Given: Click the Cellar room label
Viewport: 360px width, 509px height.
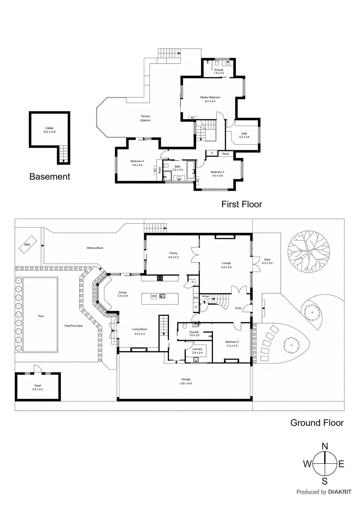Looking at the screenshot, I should pyautogui.click(x=49, y=128).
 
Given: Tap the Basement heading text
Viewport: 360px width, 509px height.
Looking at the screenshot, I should pyautogui.click(x=50, y=177).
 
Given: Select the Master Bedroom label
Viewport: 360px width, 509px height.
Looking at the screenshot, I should pyautogui.click(x=210, y=97).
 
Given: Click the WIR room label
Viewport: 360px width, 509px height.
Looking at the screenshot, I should pyautogui.click(x=244, y=134).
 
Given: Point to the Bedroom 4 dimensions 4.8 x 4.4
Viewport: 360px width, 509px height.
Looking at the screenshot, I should pyautogui.click(x=137, y=165).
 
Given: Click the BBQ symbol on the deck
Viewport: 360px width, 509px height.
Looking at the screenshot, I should pyautogui.click(x=27, y=244).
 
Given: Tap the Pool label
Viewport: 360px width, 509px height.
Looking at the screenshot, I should pyautogui.click(x=41, y=316).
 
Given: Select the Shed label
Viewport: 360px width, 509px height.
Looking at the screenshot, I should pyautogui.click(x=38, y=386).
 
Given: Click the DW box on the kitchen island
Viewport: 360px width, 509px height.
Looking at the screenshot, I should pyautogui.click(x=154, y=296).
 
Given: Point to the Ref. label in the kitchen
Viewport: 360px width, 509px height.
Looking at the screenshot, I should pyautogui.click(x=196, y=298).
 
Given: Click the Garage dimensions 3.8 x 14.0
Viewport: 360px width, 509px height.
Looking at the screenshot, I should pyautogui.click(x=186, y=383).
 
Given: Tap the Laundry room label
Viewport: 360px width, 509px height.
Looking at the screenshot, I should pyautogui.click(x=197, y=349).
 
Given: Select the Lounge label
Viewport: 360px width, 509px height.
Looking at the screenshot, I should pyautogui.click(x=226, y=263).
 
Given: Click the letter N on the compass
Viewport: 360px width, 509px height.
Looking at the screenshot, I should pyautogui.click(x=325, y=446).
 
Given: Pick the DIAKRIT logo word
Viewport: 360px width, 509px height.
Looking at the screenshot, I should pyautogui.click(x=340, y=492).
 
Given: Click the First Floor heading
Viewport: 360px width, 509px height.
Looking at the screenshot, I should pyautogui.click(x=242, y=204).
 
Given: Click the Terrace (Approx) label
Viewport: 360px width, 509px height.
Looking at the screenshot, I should pyautogui.click(x=145, y=118).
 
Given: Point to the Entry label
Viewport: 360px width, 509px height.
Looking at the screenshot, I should pyautogui.click(x=238, y=308).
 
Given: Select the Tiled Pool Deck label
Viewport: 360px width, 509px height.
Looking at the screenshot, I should pyautogui.click(x=74, y=326).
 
